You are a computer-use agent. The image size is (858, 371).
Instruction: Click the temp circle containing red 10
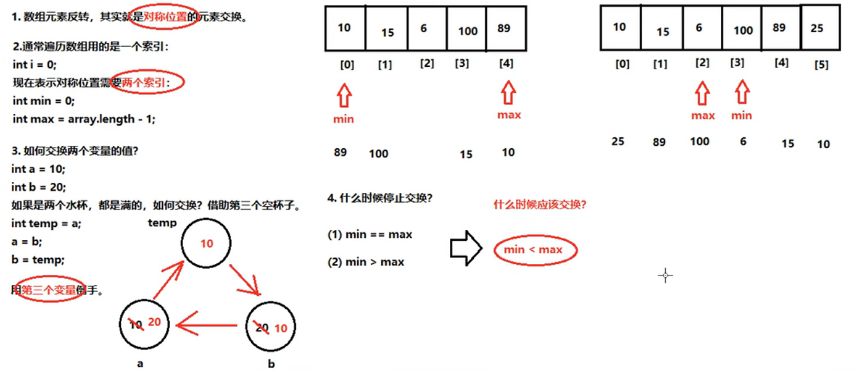coord(206,243)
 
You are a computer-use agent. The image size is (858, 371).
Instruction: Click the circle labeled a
coord(144,324)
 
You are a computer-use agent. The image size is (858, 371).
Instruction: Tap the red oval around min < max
coord(535,250)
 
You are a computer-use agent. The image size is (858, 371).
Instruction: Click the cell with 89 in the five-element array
coord(506,28)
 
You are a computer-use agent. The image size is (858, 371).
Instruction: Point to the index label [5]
coord(821,65)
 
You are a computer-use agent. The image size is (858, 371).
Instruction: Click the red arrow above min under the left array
coord(344,95)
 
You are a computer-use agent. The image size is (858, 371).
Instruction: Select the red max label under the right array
coord(703,115)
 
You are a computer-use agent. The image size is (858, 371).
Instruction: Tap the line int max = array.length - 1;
coord(84,119)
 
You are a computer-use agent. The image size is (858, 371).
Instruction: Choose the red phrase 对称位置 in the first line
coord(165,17)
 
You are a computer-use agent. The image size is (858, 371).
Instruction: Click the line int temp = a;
coord(46,223)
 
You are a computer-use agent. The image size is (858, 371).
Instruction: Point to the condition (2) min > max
coord(366,262)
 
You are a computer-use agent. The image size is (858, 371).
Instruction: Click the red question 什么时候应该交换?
coord(539,205)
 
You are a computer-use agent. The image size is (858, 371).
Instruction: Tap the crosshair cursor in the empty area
coord(665,275)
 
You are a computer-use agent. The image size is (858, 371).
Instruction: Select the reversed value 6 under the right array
coord(743,142)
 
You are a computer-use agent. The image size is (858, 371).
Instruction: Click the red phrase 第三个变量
coord(49,290)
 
